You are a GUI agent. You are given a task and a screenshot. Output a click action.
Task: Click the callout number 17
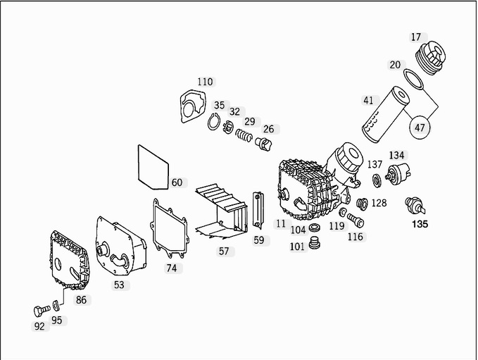416,37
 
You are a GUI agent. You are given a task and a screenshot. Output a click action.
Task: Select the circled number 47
420,128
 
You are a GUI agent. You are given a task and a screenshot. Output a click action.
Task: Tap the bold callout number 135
420,225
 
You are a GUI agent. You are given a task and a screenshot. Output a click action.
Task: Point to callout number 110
204,82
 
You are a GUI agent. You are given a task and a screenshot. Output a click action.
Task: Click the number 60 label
177,182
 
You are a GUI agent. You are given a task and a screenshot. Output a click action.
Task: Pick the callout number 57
223,250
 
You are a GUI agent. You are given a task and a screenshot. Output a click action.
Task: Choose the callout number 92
39,326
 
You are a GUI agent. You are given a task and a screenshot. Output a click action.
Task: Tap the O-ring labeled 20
415,78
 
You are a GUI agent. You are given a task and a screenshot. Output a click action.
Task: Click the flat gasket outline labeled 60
151,166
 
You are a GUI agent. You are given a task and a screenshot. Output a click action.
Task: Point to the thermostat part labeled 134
400,173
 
